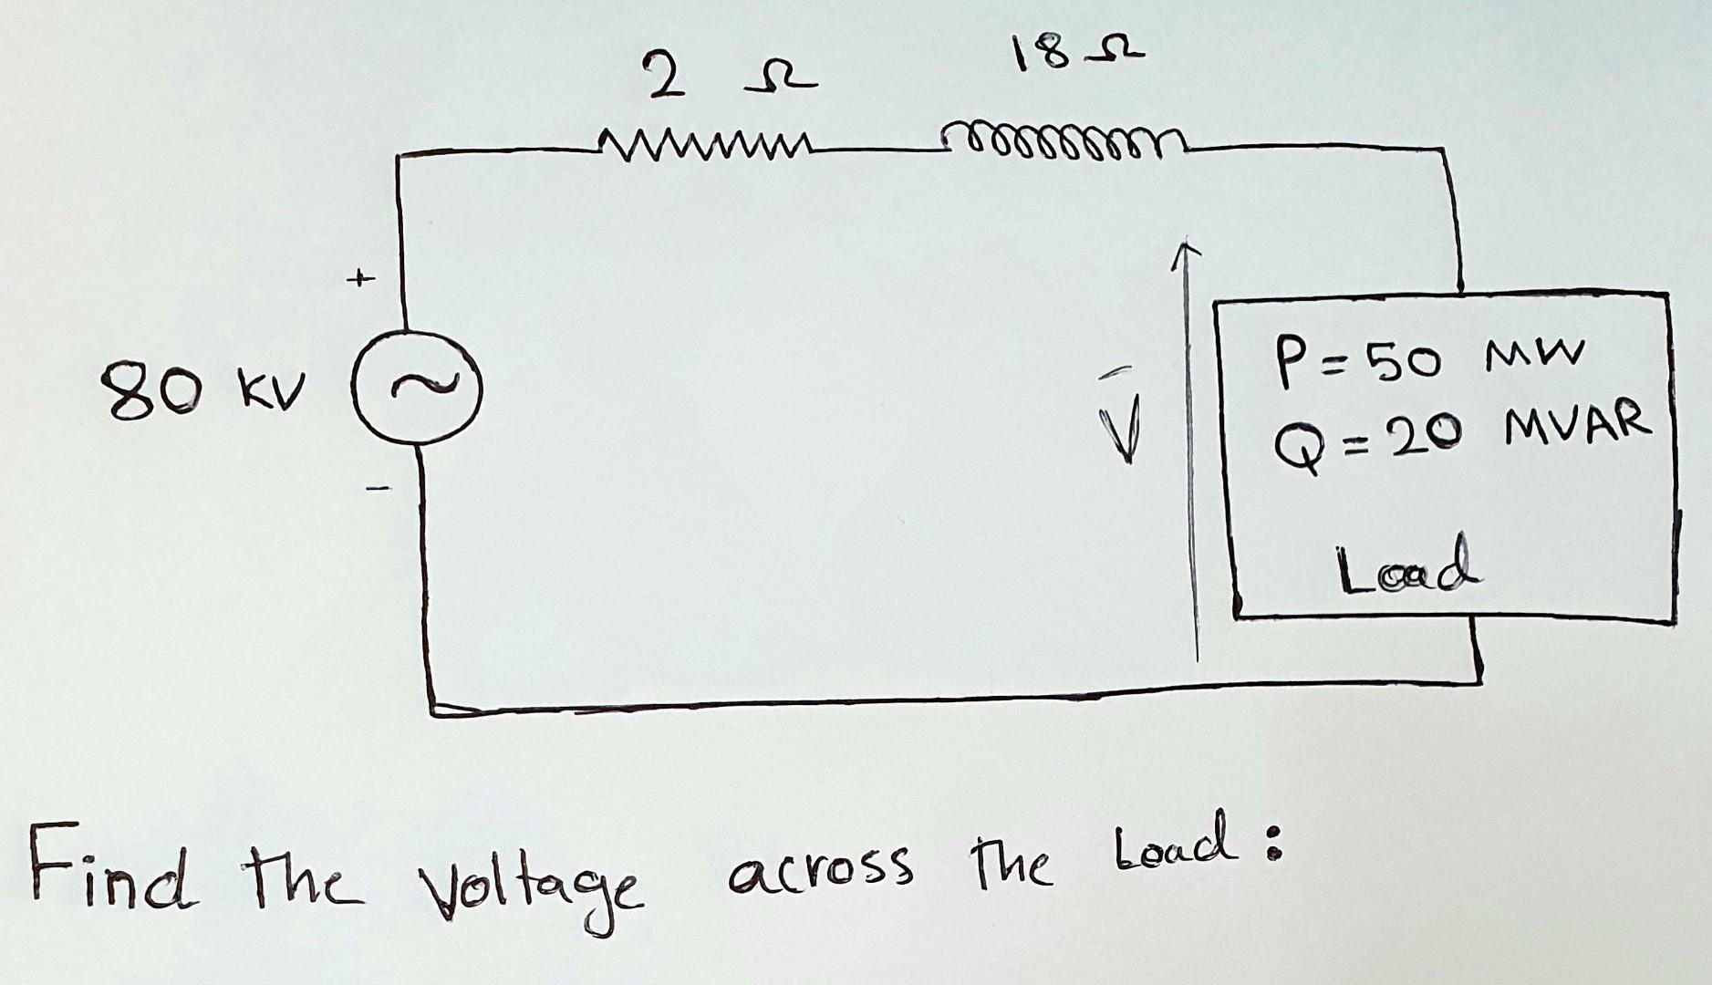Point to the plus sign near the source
pyautogui.click(x=364, y=275)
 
